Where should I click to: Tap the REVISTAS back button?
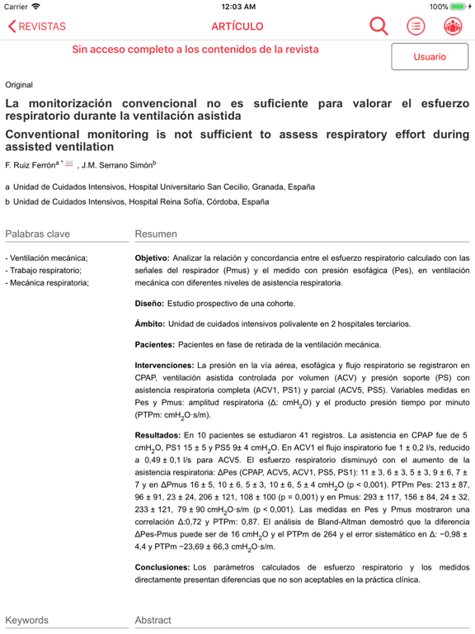coord(37,26)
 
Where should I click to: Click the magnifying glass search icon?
coord(379,26)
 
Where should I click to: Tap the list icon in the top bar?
coord(416,26)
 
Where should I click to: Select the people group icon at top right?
coord(452,26)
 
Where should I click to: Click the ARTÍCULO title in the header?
coord(237,26)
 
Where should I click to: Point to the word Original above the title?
coord(19,85)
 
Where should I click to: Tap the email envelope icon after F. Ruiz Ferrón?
coord(70,163)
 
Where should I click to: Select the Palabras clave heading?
coord(38,234)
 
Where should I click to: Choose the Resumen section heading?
coord(156,234)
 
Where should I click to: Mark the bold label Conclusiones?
coord(162,567)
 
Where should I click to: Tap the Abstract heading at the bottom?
coord(153,620)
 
